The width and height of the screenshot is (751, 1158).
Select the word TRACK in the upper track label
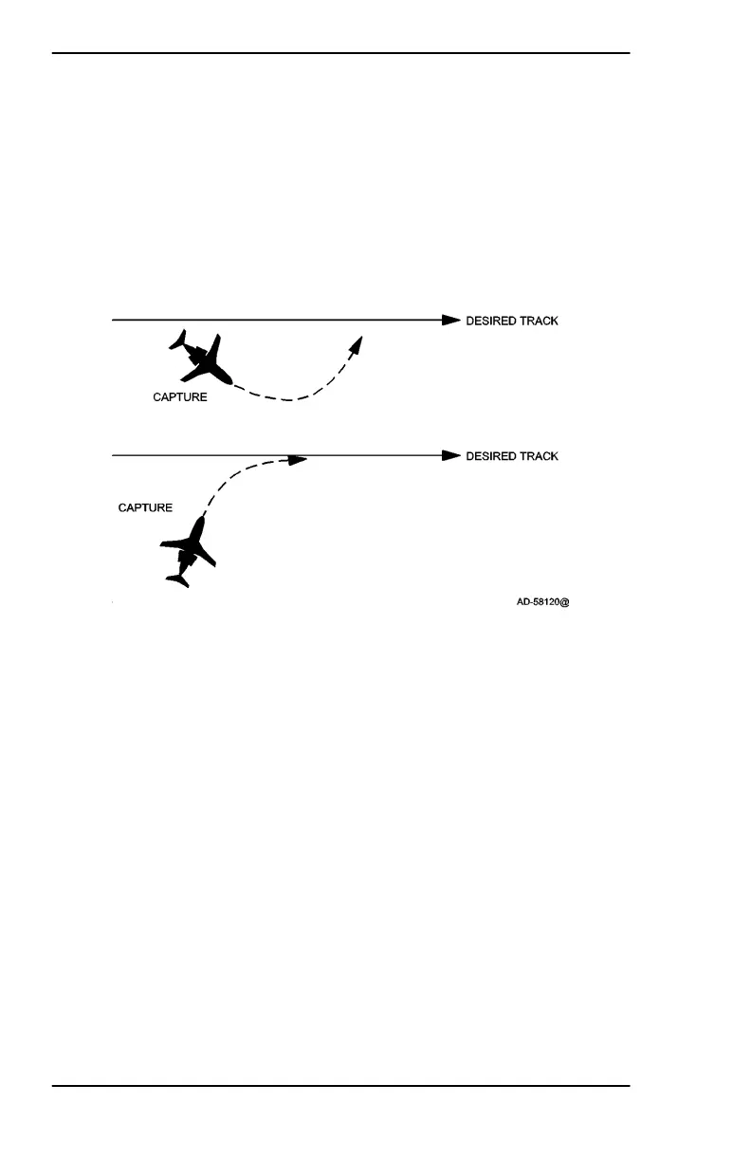pyautogui.click(x=540, y=321)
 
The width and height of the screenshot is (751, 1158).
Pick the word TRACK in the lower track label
pyautogui.click(x=540, y=456)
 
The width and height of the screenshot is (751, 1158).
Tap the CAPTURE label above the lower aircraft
pyautogui.click(x=145, y=507)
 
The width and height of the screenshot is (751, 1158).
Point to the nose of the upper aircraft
pyautogui.click(x=229, y=381)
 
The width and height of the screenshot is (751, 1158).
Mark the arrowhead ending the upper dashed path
pyautogui.click(x=357, y=343)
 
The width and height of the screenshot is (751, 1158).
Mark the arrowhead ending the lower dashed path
pyautogui.click(x=299, y=461)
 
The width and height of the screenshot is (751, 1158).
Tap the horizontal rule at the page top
pyautogui.click(x=341, y=53)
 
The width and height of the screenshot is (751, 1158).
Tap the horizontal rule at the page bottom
pyautogui.click(x=341, y=1085)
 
